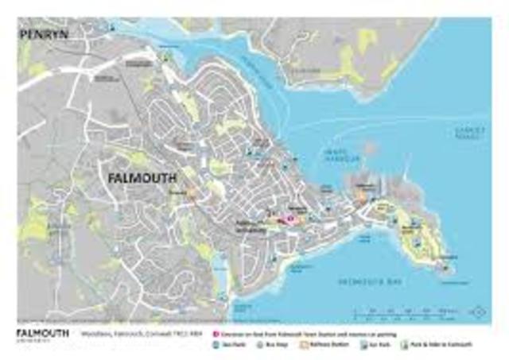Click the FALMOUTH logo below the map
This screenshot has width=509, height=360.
tap(41, 333)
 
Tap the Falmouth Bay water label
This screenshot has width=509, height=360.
tap(363, 281)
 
